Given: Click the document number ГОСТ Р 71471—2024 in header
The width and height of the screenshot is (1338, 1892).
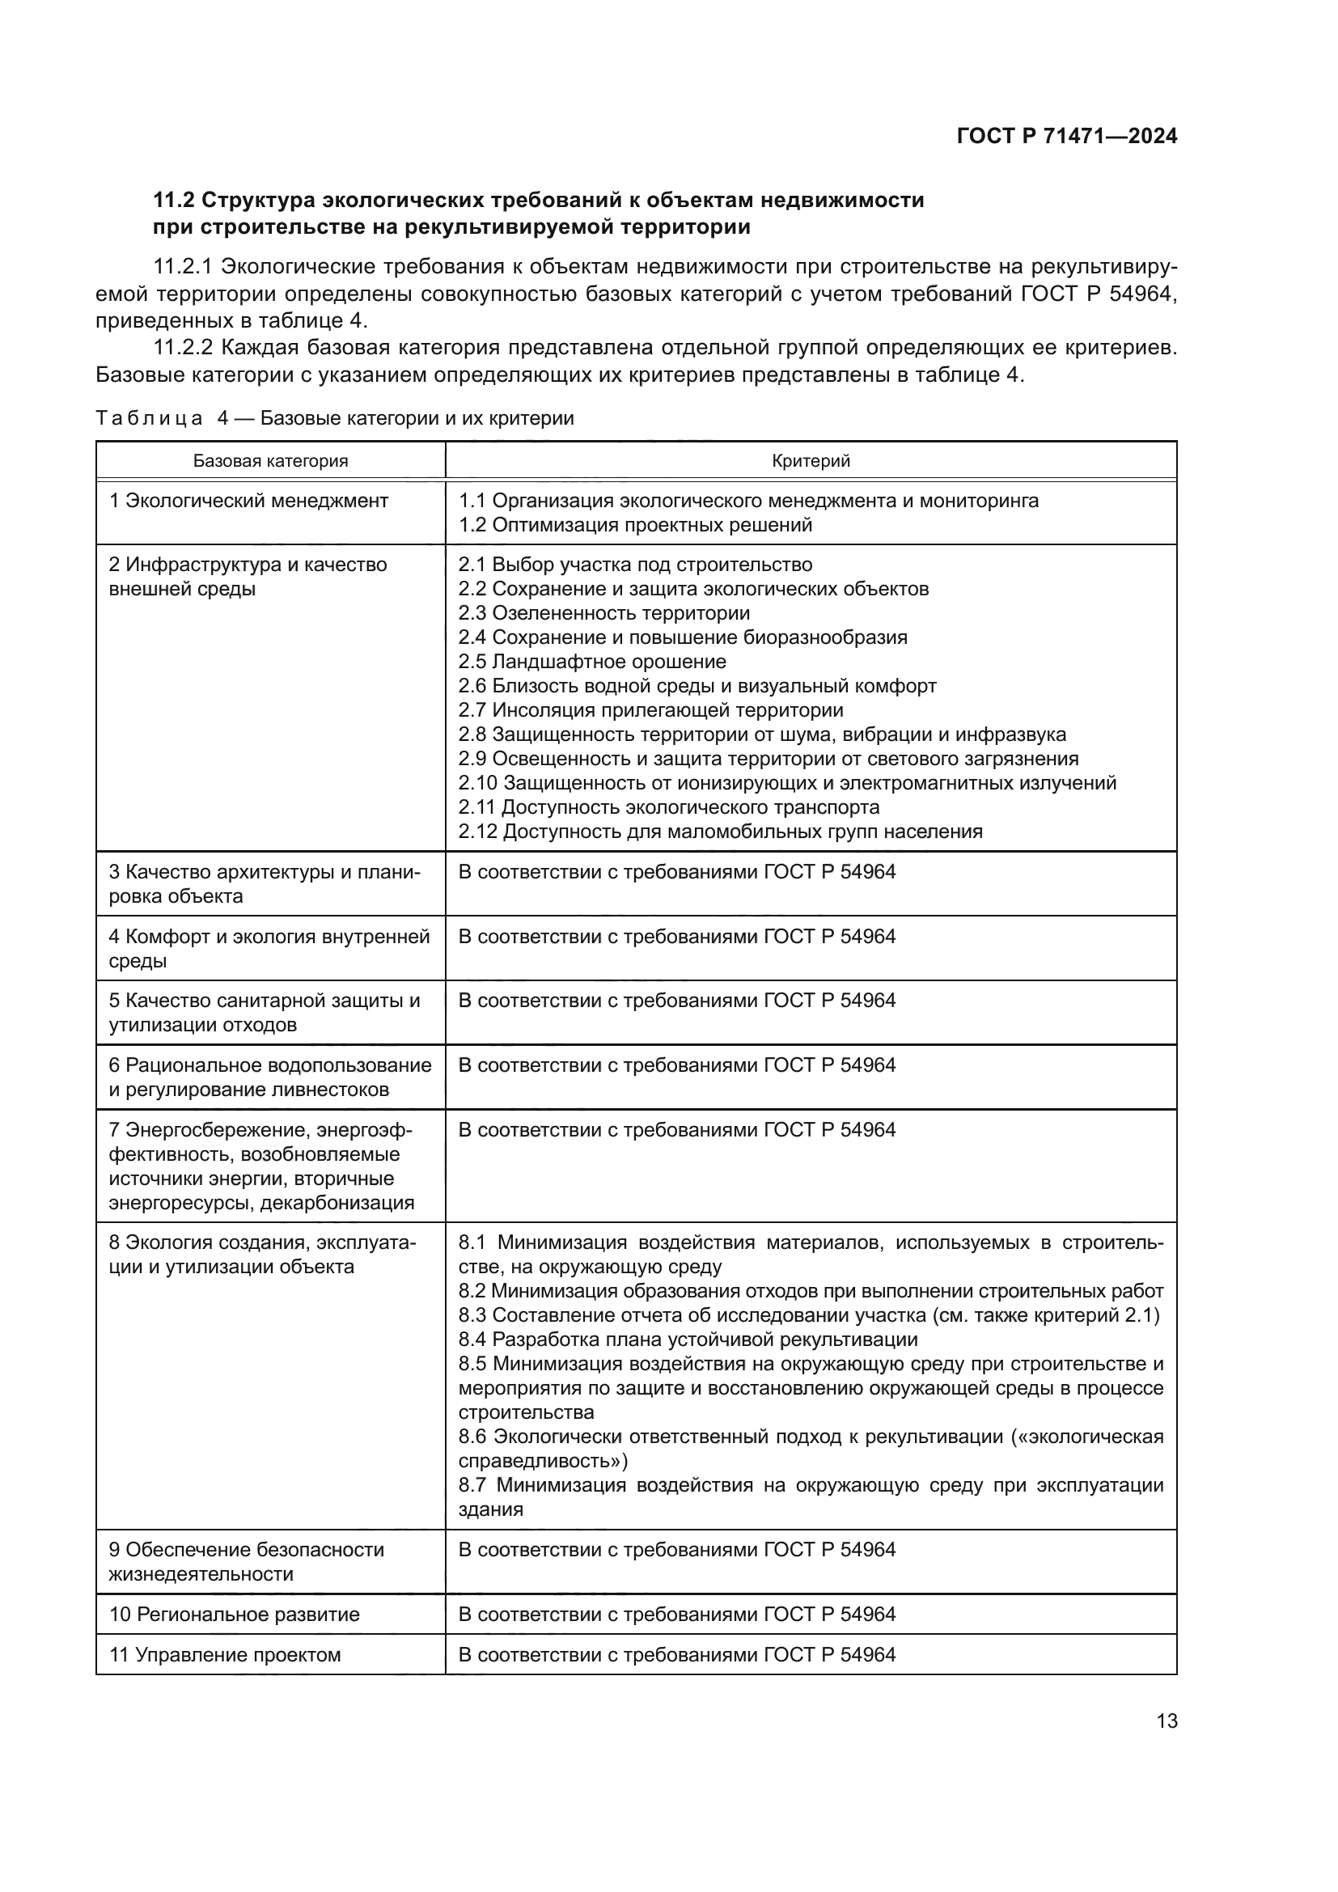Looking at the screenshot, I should click(x=1066, y=137).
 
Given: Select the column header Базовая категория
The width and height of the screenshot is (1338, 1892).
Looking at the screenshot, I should click(x=270, y=460).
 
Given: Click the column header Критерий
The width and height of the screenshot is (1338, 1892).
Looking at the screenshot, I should click(x=810, y=460).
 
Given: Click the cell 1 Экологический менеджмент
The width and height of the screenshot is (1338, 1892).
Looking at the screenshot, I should click(x=248, y=501).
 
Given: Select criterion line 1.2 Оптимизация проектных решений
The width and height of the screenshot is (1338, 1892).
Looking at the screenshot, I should click(x=635, y=525).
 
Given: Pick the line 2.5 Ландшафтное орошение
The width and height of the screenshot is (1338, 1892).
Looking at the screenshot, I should click(x=592, y=662).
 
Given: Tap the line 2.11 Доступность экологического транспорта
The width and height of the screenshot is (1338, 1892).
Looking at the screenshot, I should click(x=669, y=806).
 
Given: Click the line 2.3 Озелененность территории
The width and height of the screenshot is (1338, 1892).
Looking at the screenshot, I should click(x=604, y=613).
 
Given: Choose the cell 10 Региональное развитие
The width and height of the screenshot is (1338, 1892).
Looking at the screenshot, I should click(x=234, y=1614).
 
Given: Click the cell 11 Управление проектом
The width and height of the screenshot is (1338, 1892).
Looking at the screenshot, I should click(x=225, y=1655).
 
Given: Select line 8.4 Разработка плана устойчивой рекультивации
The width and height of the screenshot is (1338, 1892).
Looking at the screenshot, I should click(x=688, y=1339).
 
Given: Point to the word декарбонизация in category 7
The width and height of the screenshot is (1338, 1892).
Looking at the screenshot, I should click(x=337, y=1202).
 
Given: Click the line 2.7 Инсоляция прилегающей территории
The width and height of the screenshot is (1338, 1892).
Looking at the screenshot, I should click(x=651, y=710).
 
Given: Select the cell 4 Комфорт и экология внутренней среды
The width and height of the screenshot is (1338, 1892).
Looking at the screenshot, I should click(x=269, y=949).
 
